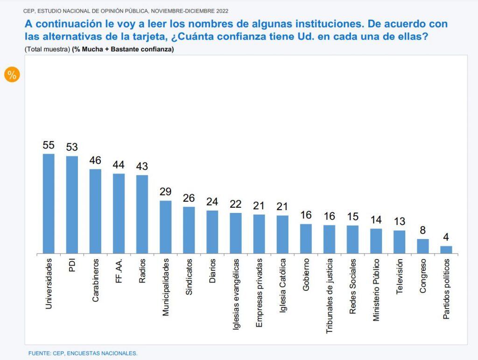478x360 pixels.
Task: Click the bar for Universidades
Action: (49, 204)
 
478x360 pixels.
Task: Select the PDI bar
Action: (72, 205)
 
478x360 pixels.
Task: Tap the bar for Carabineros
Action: (95, 211)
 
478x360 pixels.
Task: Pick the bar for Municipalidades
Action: (166, 227)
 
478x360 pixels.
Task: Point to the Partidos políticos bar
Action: (446, 250)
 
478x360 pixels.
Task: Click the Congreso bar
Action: (423, 246)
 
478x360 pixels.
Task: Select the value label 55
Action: (49, 145)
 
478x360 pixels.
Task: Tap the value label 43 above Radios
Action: (142, 166)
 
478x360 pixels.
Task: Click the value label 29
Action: (166, 192)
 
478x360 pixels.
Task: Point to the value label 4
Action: (446, 237)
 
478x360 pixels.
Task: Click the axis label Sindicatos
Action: (189, 277)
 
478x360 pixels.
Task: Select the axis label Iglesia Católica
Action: (282, 286)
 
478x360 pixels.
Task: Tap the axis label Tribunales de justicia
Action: (329, 296)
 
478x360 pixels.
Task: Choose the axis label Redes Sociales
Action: (353, 286)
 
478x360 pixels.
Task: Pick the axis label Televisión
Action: (400, 276)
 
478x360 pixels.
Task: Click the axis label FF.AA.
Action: (119, 271)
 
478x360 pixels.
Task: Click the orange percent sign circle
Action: (12, 75)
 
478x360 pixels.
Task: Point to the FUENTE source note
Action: (83, 353)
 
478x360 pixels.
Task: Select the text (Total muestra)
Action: (48, 49)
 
